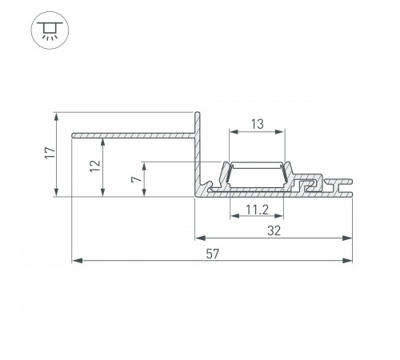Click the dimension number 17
pos(49,153)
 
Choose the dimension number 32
pos(274,230)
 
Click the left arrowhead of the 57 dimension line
pos(76,260)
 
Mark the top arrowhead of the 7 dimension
pos(144,166)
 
